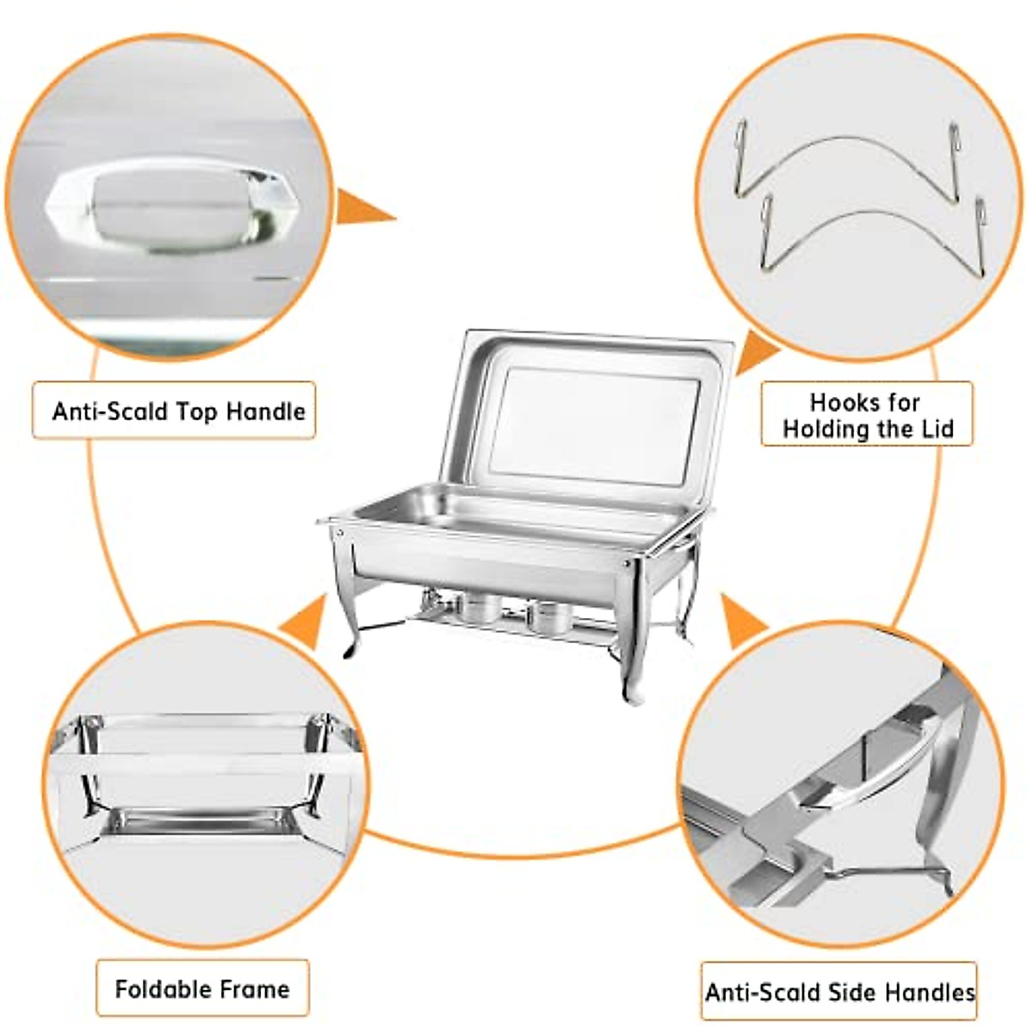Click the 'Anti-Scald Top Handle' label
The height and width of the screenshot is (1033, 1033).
(178, 411)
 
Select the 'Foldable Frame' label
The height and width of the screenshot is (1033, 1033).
(202, 988)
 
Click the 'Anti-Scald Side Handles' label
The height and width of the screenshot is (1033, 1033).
(839, 993)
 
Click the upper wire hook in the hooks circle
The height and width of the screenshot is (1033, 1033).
(848, 155)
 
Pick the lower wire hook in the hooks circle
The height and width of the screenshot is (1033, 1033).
(871, 228)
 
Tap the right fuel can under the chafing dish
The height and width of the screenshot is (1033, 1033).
(549, 615)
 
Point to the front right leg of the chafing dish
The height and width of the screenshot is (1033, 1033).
(632, 637)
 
